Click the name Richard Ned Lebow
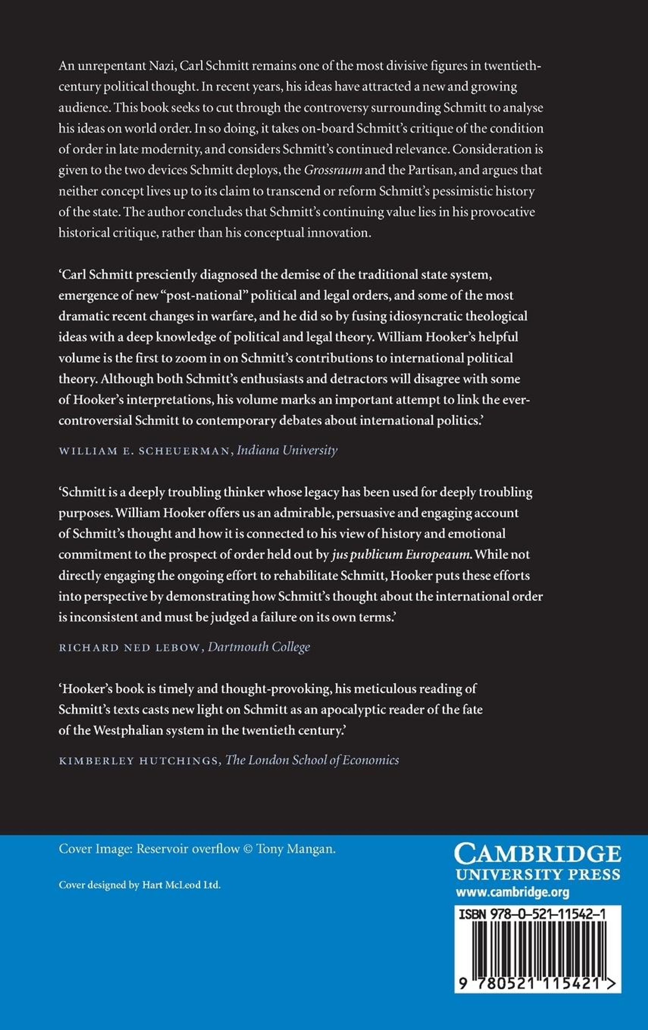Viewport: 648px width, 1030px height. click(129, 648)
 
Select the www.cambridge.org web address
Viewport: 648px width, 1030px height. click(512, 892)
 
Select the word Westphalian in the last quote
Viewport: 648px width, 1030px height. click(129, 730)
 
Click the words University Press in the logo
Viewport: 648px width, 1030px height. click(538, 874)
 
